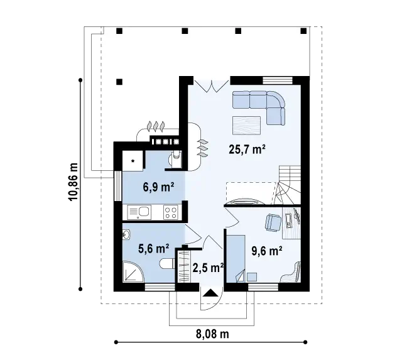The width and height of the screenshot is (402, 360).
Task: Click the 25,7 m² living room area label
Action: pyautogui.click(x=247, y=150)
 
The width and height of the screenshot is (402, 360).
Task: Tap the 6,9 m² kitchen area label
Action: pyautogui.click(x=159, y=187)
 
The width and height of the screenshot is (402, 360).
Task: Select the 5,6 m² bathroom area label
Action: pyautogui.click(x=153, y=248)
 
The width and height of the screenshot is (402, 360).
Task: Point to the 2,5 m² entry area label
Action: pyautogui.click(x=208, y=268)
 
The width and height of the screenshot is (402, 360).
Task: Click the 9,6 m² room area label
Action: pyautogui.click(x=267, y=251)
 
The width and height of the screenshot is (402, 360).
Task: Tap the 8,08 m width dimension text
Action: pyautogui.click(x=212, y=334)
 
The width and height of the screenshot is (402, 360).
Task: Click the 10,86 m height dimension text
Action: pyautogui.click(x=73, y=182)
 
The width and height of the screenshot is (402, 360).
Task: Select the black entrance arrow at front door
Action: pyautogui.click(x=210, y=293)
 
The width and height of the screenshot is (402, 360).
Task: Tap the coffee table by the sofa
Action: pyautogui.click(x=247, y=126)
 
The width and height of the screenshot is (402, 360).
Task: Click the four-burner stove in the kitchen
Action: pyautogui.click(x=171, y=212)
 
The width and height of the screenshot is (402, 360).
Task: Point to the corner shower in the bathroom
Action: pyautogui.click(x=133, y=272)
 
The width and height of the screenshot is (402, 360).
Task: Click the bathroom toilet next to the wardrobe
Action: pyautogui.click(x=167, y=264)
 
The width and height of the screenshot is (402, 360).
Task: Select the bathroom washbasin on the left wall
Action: pyautogui.click(x=127, y=234)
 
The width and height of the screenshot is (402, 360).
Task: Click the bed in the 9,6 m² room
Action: pyautogui.click(x=236, y=259)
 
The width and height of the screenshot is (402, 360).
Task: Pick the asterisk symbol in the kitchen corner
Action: pyautogui.click(x=133, y=161)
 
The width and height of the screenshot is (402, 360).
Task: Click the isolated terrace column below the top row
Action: pyautogui.click(x=119, y=82)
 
